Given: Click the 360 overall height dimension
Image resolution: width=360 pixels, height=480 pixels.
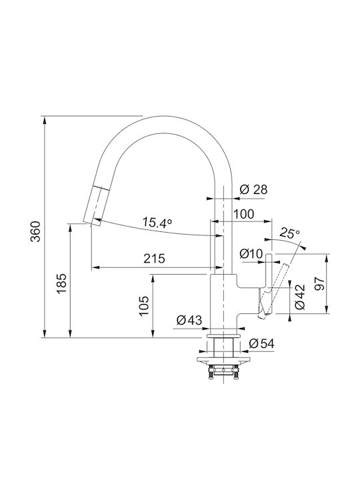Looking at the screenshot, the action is [35, 231].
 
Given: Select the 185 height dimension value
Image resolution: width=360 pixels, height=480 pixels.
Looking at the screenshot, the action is [61, 283].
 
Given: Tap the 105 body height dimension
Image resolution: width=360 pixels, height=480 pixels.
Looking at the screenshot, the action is [143, 306].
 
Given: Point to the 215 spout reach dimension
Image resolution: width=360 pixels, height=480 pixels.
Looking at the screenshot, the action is [154, 259].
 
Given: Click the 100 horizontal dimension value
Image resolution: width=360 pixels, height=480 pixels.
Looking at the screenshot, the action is [244, 214].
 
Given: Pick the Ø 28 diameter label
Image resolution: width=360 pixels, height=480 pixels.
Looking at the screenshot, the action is [253, 189].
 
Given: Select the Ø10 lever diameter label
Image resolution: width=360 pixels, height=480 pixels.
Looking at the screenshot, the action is [251, 253].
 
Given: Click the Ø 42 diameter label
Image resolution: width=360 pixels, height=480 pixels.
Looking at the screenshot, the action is [300, 297].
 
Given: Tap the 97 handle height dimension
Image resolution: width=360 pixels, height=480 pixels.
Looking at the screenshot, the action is [319, 284].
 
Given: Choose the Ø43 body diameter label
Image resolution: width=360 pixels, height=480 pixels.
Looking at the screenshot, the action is [189, 320].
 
